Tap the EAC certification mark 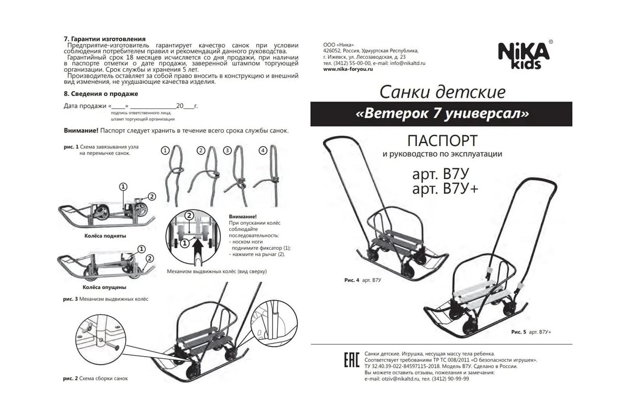coord(352,360)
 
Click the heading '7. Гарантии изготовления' coord(105,39)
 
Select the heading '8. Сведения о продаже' coord(101,94)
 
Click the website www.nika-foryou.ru coord(348,69)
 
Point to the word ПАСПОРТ coord(442,141)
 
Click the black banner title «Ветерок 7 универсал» coord(442,114)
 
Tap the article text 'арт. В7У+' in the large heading coord(445,189)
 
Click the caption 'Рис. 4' coord(352,280)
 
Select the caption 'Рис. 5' coord(518,332)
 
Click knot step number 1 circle coord(165,151)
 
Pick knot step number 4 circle coord(263,151)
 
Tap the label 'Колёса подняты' coord(105,236)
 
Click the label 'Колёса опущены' coord(104,288)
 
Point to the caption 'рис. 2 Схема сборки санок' coord(95,378)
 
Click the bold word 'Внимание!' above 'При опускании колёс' coord(243,217)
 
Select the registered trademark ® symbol coord(551,42)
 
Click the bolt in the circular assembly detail coord(110,345)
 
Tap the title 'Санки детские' coord(442,92)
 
